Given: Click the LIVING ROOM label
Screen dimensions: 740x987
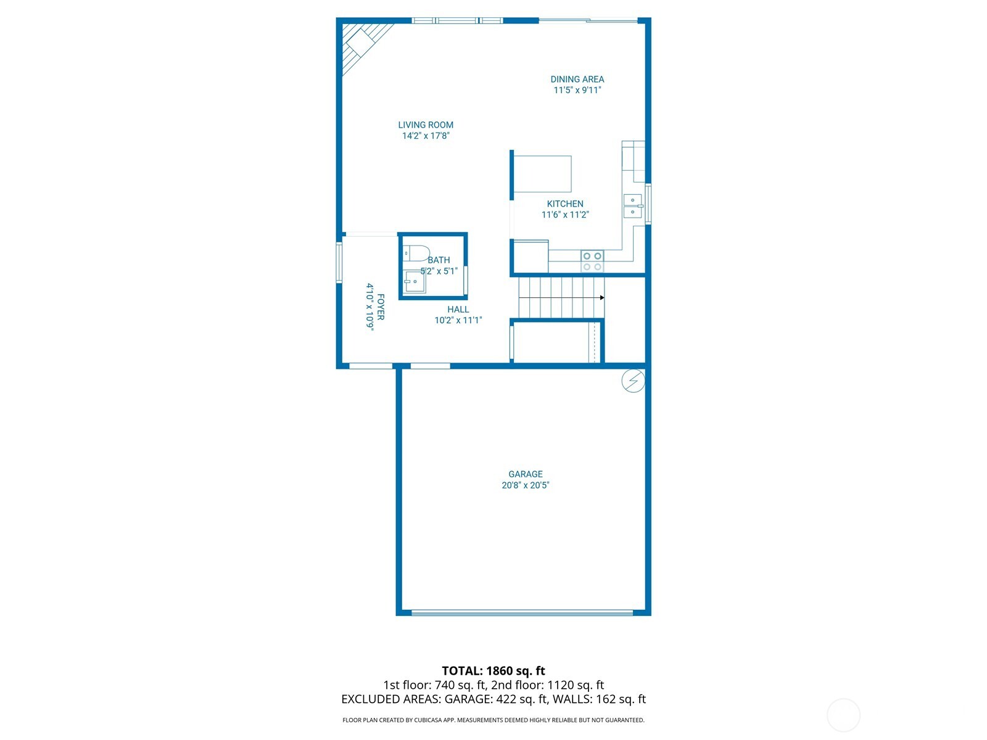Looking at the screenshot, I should coord(426,125).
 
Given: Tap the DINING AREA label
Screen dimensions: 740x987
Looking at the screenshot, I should coord(577,80).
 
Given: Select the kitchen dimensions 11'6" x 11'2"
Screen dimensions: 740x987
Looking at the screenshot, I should coord(565,215).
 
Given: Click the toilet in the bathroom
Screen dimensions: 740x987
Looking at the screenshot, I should coord(416,253).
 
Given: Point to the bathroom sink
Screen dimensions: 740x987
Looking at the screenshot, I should coord(415,282).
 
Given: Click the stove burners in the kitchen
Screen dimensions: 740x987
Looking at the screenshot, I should coord(592,261).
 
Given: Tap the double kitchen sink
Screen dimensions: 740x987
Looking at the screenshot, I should coord(632,206).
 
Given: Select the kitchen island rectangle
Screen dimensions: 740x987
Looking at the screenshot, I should coord(542,174).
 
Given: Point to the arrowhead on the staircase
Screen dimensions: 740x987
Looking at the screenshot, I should coord(601,298).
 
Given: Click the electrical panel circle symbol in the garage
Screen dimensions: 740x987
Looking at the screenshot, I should coord(633,381).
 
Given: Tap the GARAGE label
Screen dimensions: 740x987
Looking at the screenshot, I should coord(526,474).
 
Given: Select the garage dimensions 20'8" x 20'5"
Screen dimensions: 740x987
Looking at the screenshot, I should coord(526,485).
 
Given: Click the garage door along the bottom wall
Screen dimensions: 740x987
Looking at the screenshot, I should coord(522,613).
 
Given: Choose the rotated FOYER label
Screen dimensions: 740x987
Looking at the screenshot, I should coord(381,307).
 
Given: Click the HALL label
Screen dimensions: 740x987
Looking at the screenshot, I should coord(458,310).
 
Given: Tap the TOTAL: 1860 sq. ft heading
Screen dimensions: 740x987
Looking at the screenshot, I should coord(493,671).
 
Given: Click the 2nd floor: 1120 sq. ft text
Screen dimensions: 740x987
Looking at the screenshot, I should coord(547,685).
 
